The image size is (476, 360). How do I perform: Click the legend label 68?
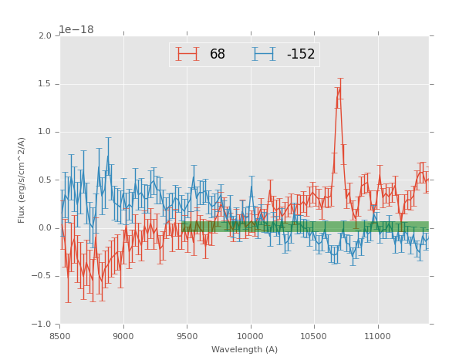point(218,55)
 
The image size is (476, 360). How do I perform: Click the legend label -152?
point(301,55)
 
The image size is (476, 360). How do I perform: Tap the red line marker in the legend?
point(187,54)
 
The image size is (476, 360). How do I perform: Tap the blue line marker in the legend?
point(265,54)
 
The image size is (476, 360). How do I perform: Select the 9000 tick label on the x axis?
point(123,336)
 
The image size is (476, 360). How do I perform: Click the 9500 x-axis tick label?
point(187,336)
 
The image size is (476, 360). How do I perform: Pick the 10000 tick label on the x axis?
point(251,336)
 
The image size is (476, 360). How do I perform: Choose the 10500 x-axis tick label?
point(314,336)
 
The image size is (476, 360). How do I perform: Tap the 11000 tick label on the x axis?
point(378,336)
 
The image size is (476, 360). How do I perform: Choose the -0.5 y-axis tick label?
point(43,276)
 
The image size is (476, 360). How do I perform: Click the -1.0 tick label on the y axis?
point(43,324)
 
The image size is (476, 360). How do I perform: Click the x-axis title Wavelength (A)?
point(245,350)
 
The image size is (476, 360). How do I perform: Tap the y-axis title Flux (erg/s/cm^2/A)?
point(22,180)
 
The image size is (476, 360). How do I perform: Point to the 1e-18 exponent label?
point(76,29)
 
